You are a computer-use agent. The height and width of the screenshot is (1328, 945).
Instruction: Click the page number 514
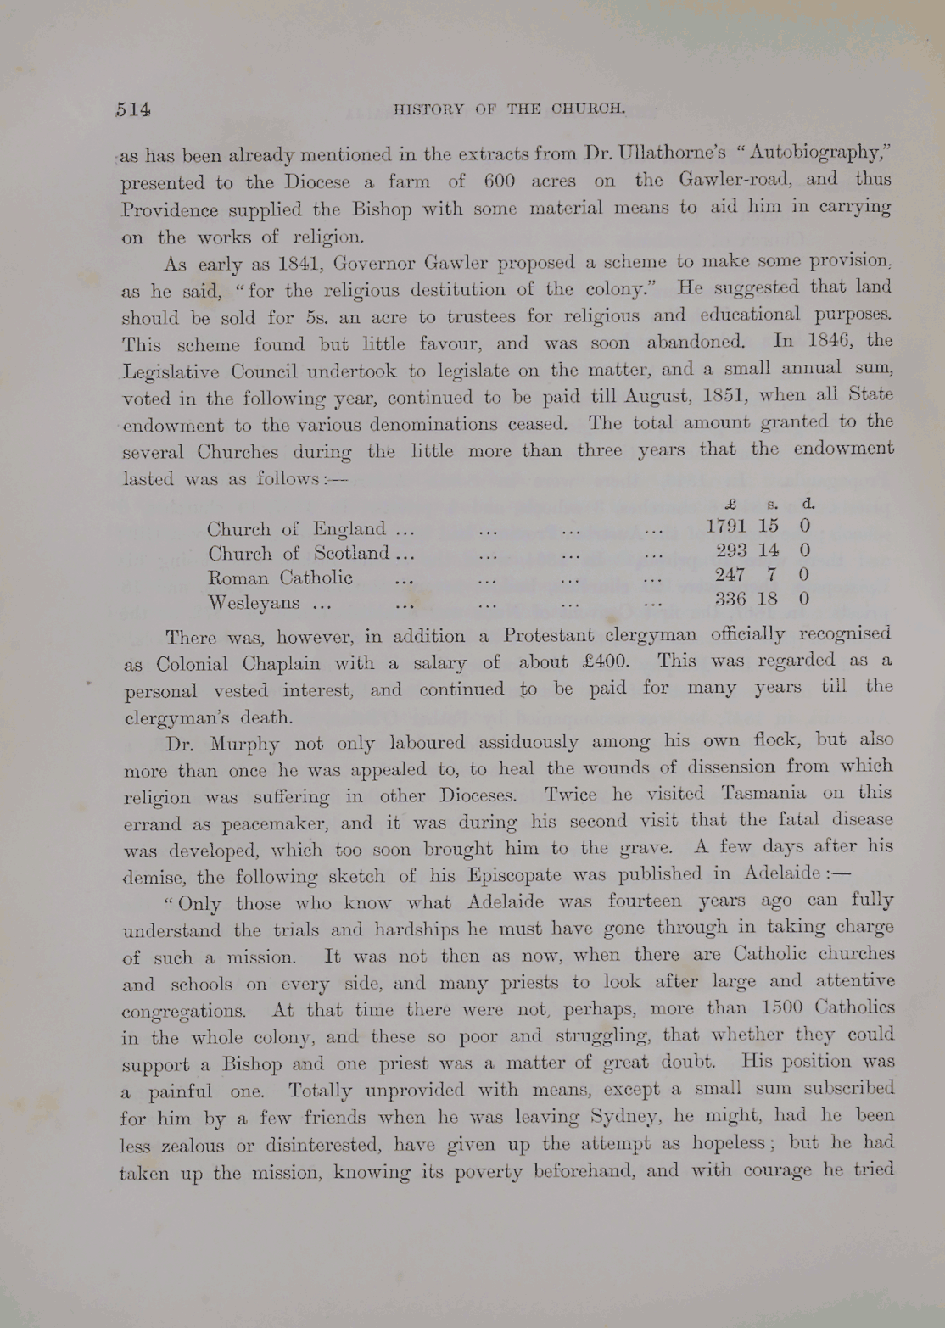pos(133,109)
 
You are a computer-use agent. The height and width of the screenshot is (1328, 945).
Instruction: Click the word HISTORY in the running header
pos(429,109)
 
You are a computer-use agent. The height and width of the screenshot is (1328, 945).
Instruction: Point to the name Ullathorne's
pos(672,153)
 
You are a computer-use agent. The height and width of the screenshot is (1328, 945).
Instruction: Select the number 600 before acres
pos(500,181)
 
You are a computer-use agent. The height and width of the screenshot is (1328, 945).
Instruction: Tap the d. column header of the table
pos(808,503)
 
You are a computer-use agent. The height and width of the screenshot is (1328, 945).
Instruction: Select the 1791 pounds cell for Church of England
pos(726,526)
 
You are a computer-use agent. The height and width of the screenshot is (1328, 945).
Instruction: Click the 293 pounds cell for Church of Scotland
pos(732,550)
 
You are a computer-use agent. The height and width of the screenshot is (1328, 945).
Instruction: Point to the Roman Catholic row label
pos(281,578)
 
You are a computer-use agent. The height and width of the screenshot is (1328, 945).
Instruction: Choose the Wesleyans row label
pos(254,603)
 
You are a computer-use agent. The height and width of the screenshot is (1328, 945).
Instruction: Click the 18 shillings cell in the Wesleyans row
pos(768,599)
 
